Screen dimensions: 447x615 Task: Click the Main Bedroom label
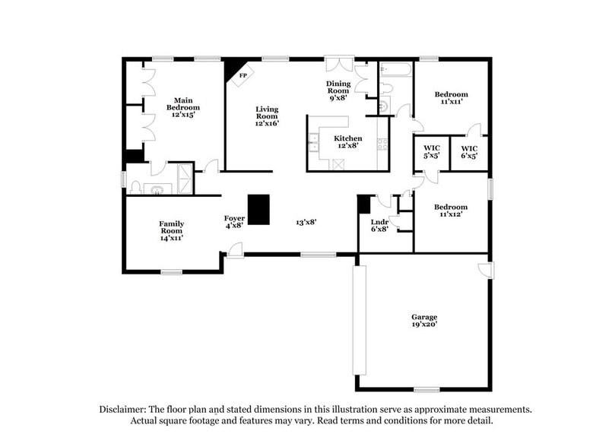[x=182, y=108]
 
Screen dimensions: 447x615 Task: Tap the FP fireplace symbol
[x=243, y=76]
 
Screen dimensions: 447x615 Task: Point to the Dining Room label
[x=338, y=90]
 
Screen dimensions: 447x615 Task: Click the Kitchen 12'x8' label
[x=349, y=142]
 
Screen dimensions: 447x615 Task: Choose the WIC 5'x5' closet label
[x=432, y=152]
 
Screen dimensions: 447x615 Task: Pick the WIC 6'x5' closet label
[x=469, y=152]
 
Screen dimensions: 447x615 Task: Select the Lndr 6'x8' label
[x=379, y=225]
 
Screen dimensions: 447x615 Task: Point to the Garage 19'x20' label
[x=424, y=320]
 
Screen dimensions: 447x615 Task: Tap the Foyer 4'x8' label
[x=234, y=221]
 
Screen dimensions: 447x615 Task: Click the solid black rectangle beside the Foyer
[x=259, y=210]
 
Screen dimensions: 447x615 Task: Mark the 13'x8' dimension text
[x=306, y=222]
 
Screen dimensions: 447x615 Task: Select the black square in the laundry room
[x=363, y=203]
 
